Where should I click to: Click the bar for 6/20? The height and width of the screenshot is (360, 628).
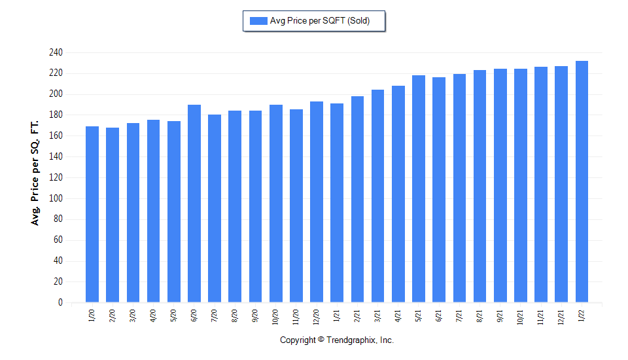[194, 204]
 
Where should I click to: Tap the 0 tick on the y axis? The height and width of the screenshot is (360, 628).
[60, 302]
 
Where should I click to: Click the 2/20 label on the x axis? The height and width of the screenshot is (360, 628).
[113, 316]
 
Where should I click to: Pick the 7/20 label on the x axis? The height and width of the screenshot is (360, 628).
[215, 316]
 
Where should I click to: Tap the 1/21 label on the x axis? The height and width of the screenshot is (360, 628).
[337, 316]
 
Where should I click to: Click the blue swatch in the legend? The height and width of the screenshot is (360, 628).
[258, 21]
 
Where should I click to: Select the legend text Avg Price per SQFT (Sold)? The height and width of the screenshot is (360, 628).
[320, 21]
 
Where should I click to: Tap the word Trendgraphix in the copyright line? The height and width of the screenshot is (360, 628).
[351, 340]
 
